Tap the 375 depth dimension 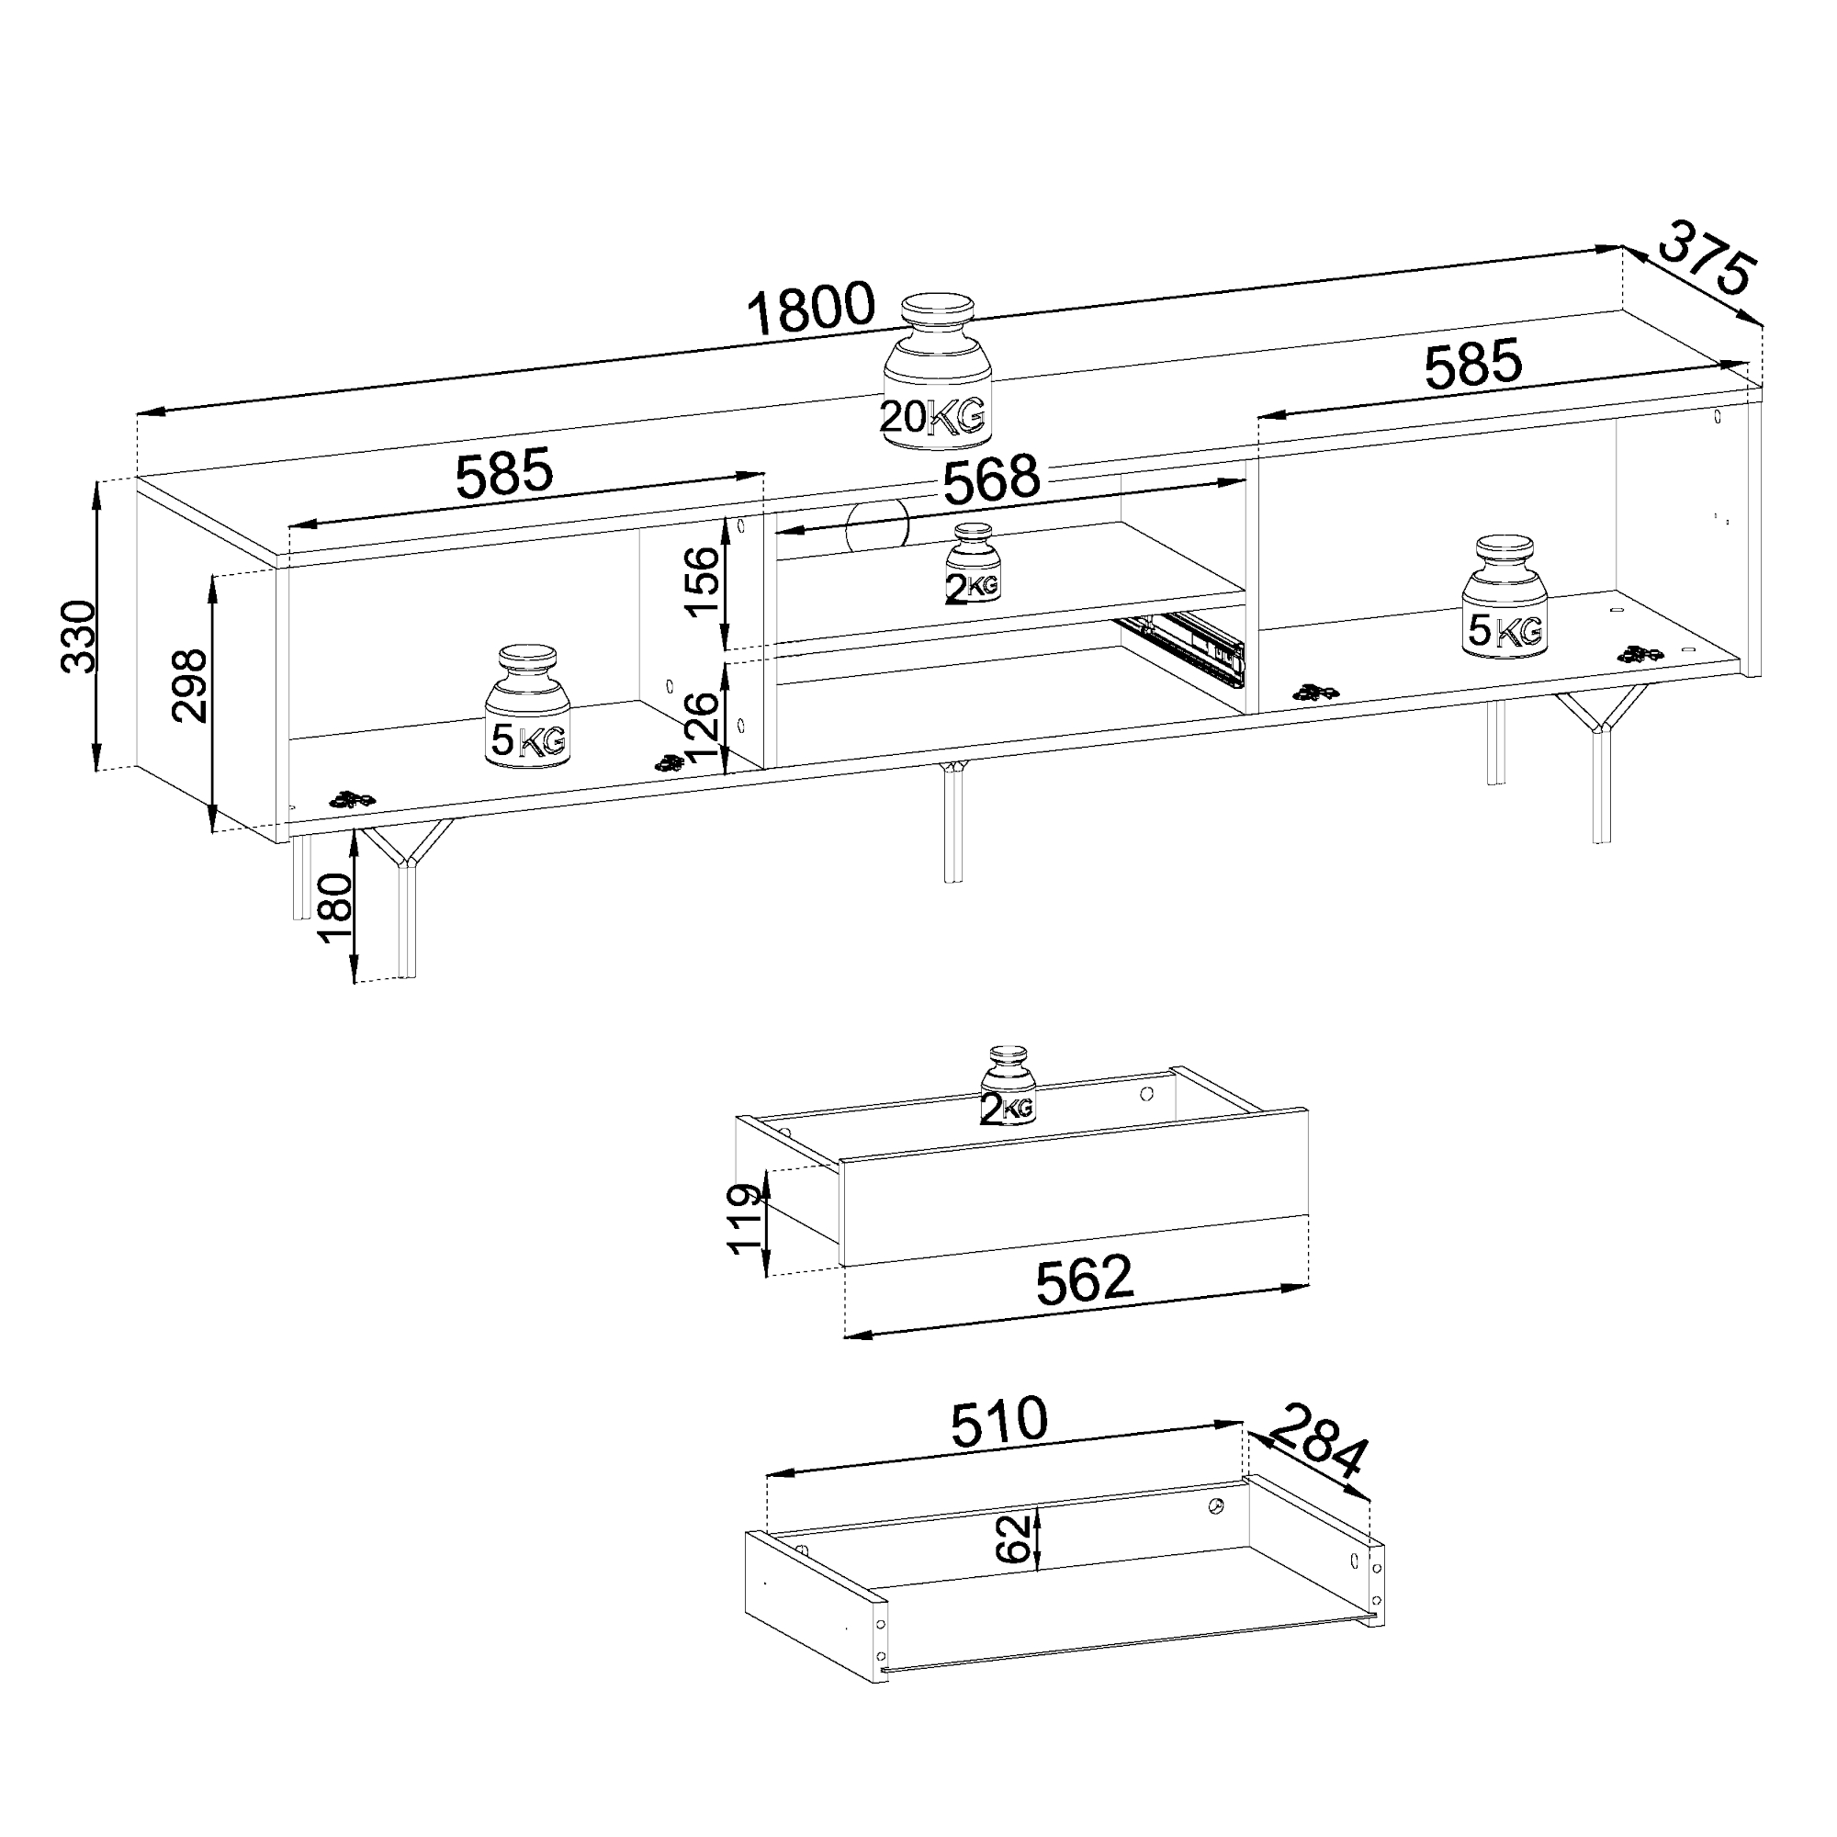coord(1706,272)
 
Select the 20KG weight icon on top coord(938,371)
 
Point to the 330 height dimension coord(80,637)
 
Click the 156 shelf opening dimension coord(703,583)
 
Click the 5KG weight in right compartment coord(1505,595)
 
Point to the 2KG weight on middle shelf coord(973,564)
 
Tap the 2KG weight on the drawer coord(1008,1087)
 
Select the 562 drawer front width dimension coord(1084,1279)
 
